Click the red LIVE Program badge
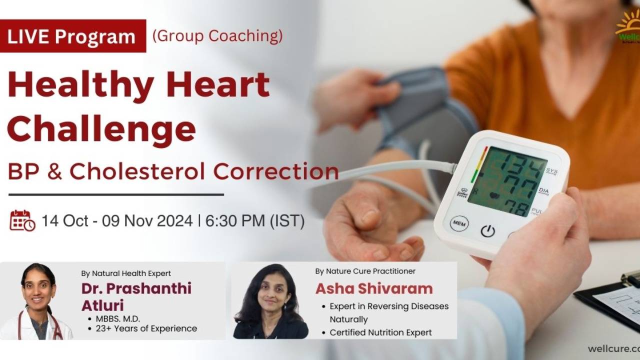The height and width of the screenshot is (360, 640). pos(73,36)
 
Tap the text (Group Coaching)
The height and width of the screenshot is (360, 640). pos(217,36)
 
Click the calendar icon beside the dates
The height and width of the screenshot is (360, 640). pos(22,220)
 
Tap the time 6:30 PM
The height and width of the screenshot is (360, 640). pos(235,220)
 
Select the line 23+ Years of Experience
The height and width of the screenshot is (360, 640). pos(146,328)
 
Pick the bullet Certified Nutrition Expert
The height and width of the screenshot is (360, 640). pos(380,332)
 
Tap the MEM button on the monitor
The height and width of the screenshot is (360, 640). pos(459,223)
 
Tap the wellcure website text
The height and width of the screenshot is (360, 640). pos(614,348)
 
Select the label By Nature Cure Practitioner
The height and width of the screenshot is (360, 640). pos(365,271)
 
